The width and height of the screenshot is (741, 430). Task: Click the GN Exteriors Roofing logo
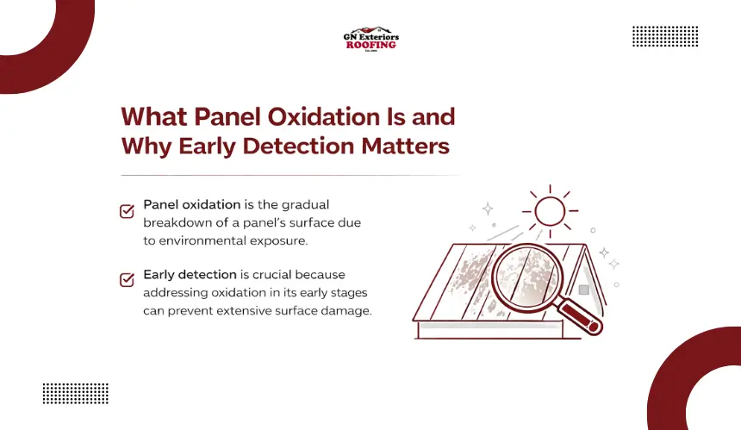pos(371,39)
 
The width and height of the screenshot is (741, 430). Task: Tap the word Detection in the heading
pos(298,146)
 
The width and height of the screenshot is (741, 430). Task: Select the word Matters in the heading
pos(406,146)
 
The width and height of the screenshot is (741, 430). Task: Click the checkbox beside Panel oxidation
pos(127,211)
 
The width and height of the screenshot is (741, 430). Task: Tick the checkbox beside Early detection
pos(127,280)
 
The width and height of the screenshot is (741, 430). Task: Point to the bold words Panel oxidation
pos(192,204)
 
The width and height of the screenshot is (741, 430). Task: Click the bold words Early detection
pos(190,275)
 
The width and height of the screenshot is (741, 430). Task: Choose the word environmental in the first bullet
pos(202,240)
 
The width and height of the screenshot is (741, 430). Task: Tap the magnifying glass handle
pos(580,316)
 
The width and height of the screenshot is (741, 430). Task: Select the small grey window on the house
pos(584,290)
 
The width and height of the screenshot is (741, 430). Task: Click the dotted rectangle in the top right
pos(665,36)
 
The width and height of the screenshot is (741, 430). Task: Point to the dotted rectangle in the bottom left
pos(76,394)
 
